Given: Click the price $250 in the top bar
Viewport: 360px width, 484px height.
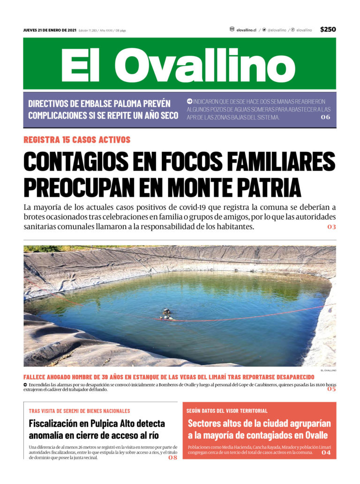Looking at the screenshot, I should click(328, 30).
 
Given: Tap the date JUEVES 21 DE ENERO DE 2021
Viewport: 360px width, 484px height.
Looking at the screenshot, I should click(50, 30).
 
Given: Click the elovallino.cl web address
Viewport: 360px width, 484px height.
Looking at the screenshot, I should click(246, 30).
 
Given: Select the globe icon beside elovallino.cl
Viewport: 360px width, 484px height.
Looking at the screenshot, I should click(232, 30).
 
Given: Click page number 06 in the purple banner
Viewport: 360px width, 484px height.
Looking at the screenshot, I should click(325, 117).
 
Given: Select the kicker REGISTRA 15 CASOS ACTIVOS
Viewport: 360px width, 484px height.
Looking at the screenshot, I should click(77, 140).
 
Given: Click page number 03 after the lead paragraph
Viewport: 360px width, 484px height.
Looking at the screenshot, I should click(331, 227).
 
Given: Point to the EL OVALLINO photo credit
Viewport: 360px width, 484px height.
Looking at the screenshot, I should click(329, 370).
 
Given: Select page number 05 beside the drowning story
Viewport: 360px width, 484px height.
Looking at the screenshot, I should click(331, 389).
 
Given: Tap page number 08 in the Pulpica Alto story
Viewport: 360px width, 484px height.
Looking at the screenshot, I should click(172, 458).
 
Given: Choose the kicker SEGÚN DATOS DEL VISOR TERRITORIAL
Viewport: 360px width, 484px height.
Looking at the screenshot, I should click(227, 411).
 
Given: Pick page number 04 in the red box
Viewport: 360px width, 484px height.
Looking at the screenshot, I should click(325, 453).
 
